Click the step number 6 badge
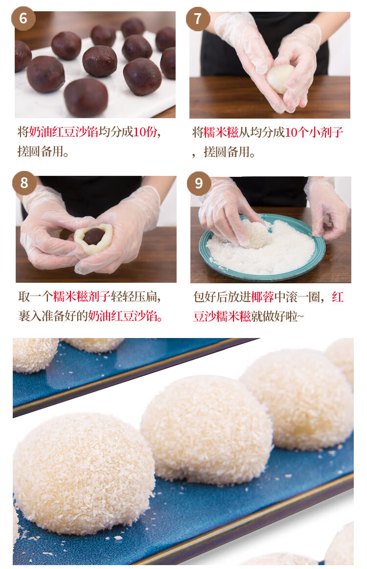[23, 18]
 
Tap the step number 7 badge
[198, 19]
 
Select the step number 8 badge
[24, 183]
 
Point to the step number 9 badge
[199, 183]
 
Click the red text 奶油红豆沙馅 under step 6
[64, 132]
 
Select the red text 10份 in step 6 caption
[145, 132]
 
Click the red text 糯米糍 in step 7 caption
[221, 132]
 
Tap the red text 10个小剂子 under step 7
[314, 132]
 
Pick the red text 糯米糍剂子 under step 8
[82, 296]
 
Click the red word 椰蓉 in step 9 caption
[262, 297]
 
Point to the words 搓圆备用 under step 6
[41, 151]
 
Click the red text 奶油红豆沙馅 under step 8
[122, 316]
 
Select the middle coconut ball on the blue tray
[206, 430]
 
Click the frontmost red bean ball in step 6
[86, 97]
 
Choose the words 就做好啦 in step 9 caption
[274, 316]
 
